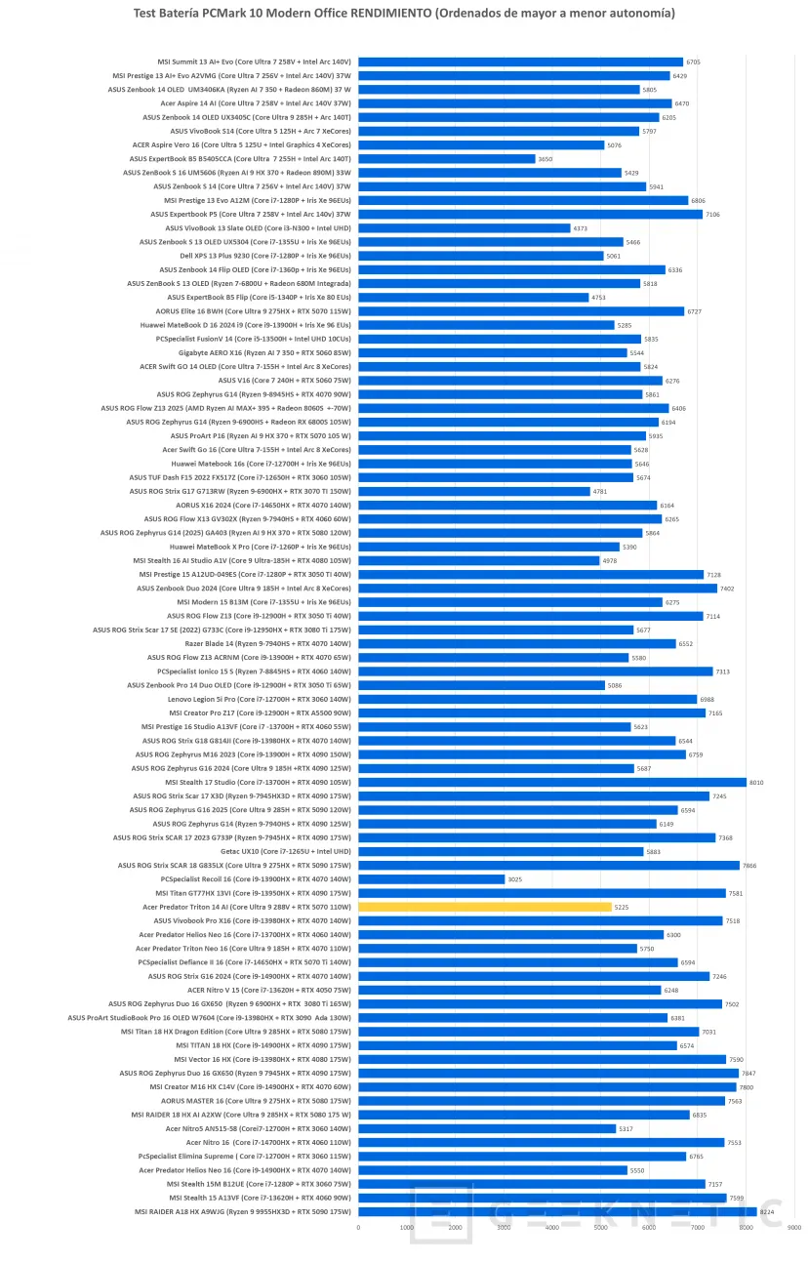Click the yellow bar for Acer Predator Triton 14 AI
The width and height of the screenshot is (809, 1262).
(485, 907)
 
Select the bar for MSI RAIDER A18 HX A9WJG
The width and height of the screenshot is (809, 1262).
(557, 1211)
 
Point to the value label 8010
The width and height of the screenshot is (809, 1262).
(755, 782)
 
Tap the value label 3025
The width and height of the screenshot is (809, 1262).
(514, 879)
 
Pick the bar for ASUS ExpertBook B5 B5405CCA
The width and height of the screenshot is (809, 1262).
(447, 158)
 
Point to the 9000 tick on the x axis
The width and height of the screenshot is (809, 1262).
(793, 1228)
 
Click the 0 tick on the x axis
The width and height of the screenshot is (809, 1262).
(358, 1228)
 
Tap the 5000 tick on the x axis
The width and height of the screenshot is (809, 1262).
(600, 1228)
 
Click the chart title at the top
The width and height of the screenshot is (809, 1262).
(404, 14)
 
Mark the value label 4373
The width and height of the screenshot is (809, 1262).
(580, 228)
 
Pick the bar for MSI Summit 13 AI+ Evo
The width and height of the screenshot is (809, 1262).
(520, 61)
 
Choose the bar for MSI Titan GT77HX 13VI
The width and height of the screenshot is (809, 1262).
(542, 893)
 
